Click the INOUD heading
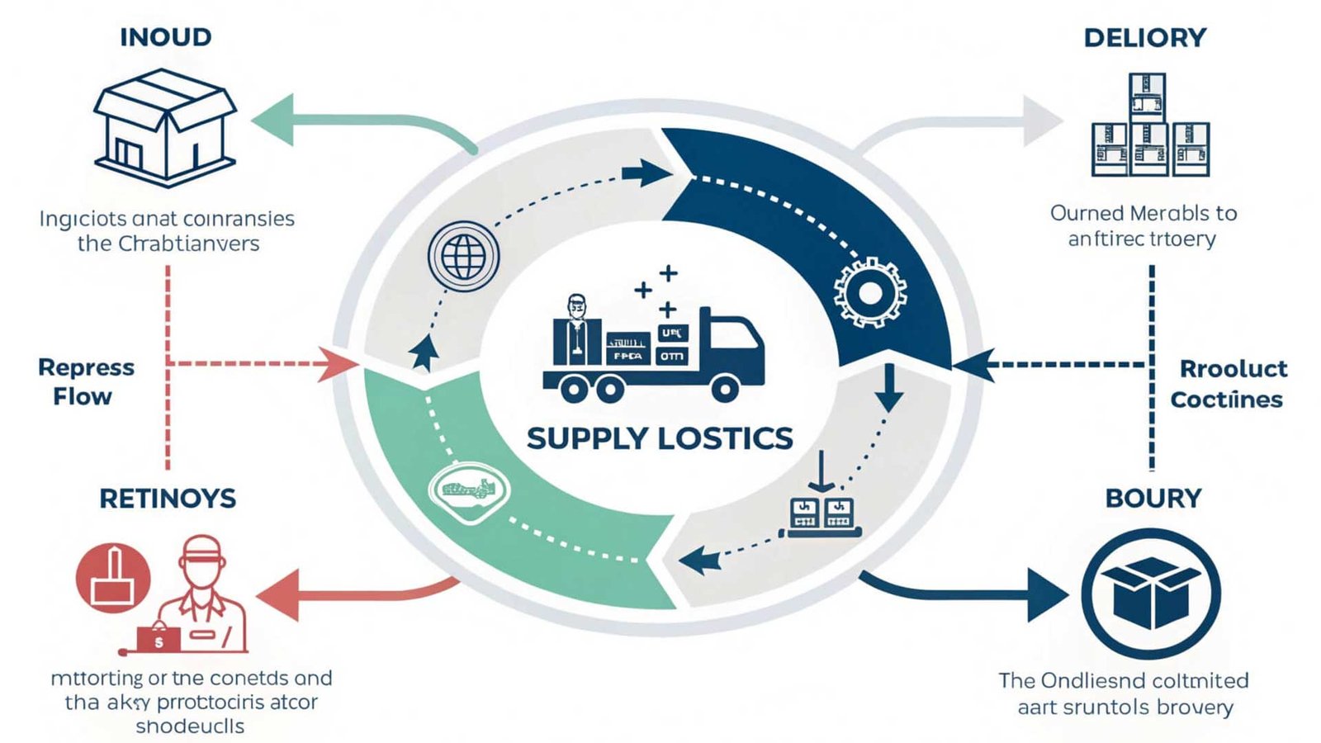click(165, 37)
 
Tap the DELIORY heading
click(1144, 38)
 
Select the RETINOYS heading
click(168, 499)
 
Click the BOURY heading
click(1153, 499)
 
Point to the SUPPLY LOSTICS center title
click(660, 438)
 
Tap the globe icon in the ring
click(463, 255)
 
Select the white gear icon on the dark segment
click(869, 293)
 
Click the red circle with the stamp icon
click(113, 578)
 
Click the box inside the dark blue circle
click(1151, 594)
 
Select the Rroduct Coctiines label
click(1229, 384)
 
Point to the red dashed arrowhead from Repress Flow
click(339, 363)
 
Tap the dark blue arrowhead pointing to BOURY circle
click(1047, 594)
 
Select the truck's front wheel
click(725, 388)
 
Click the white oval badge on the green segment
click(470, 492)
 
